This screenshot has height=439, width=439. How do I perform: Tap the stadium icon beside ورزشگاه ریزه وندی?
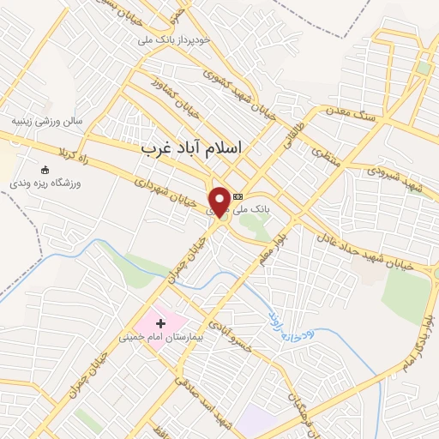click(x=45, y=170)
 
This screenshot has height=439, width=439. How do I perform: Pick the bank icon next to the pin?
click(x=238, y=196)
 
